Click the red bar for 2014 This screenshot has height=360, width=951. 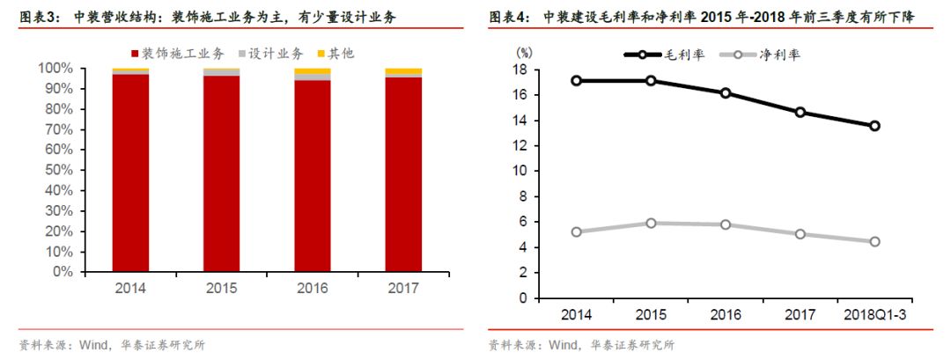pos(130,173)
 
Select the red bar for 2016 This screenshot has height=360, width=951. pos(312,176)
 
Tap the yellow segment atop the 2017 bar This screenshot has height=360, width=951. pos(402,71)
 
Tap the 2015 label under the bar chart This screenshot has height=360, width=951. pos(221,288)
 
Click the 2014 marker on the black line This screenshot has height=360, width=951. pos(576,80)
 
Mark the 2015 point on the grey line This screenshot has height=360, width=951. pos(651,223)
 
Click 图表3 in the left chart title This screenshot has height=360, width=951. pos(39,16)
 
